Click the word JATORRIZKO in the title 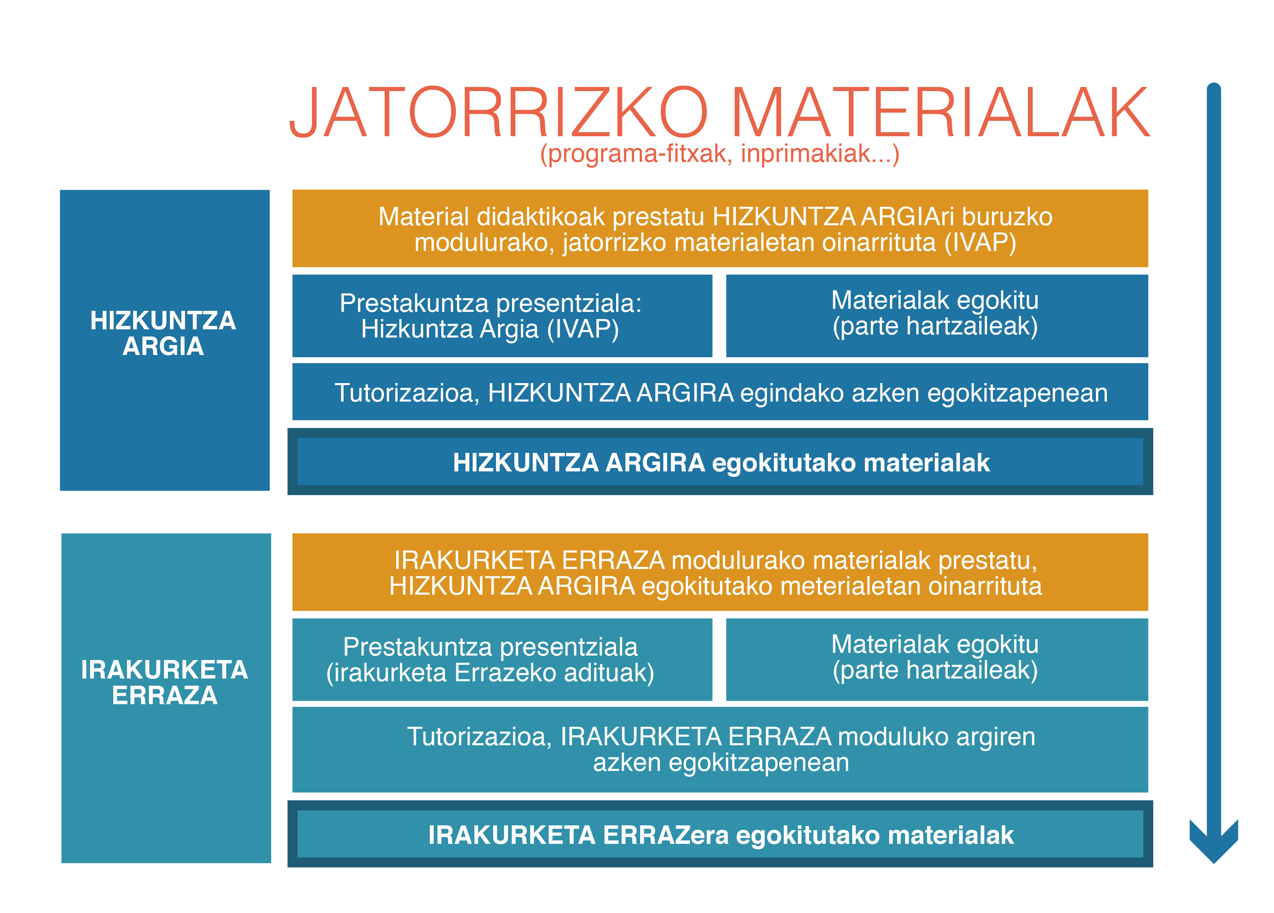[x=498, y=112]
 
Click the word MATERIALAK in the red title [x=941, y=112]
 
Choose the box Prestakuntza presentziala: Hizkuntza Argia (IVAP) [x=502, y=316]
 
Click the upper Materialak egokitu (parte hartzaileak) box [x=937, y=316]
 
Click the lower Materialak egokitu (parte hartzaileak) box [x=937, y=660]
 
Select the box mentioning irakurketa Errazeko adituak [x=502, y=660]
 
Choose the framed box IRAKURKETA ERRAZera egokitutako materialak [x=720, y=834]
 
